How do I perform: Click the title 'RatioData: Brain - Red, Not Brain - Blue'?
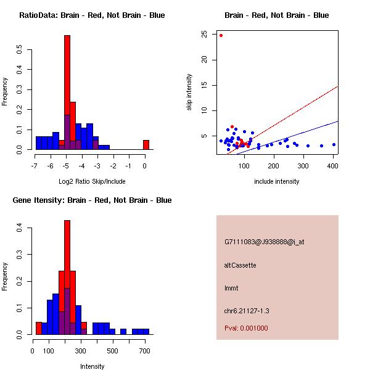click(x=92, y=15)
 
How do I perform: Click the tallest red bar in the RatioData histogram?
click(x=67, y=92)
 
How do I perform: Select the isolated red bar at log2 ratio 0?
click(x=146, y=145)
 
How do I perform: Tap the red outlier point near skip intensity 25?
click(x=221, y=35)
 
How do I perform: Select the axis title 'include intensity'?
click(x=277, y=181)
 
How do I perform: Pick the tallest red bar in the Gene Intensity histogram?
click(x=67, y=277)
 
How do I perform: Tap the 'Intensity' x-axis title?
click(x=92, y=366)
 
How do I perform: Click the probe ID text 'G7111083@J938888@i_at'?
click(x=264, y=242)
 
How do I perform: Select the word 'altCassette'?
click(x=240, y=265)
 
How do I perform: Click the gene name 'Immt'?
click(x=231, y=288)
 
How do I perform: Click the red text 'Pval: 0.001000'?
click(x=246, y=328)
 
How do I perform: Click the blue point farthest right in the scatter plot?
click(x=334, y=145)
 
